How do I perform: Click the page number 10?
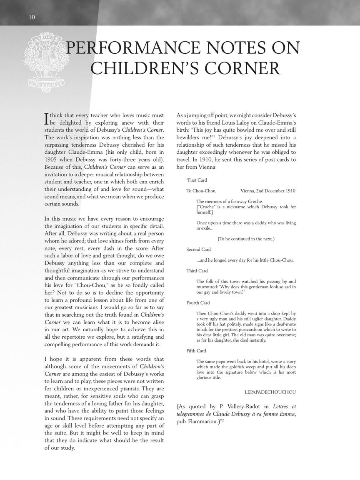tap(32, 17)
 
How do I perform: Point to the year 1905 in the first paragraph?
tap(52, 160)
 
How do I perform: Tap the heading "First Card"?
tap(197, 180)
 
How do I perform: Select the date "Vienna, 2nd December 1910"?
tap(268, 191)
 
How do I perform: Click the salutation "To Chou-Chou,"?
tap(201, 191)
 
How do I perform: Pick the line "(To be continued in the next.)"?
tap(246, 239)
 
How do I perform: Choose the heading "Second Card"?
tap(199, 250)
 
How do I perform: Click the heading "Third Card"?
tap(197, 271)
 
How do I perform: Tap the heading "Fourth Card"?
tap(198, 303)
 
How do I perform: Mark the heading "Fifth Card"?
tap(196, 351)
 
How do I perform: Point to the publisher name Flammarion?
tap(201, 421)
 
